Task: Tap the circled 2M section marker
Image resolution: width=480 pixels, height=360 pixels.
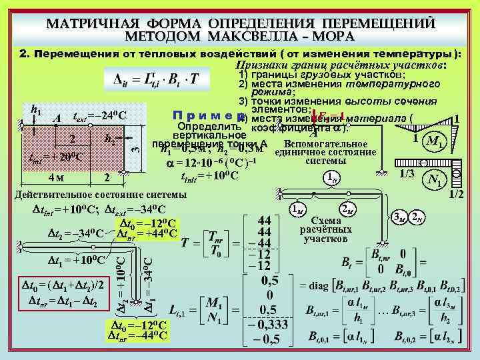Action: click(x=348, y=209)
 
